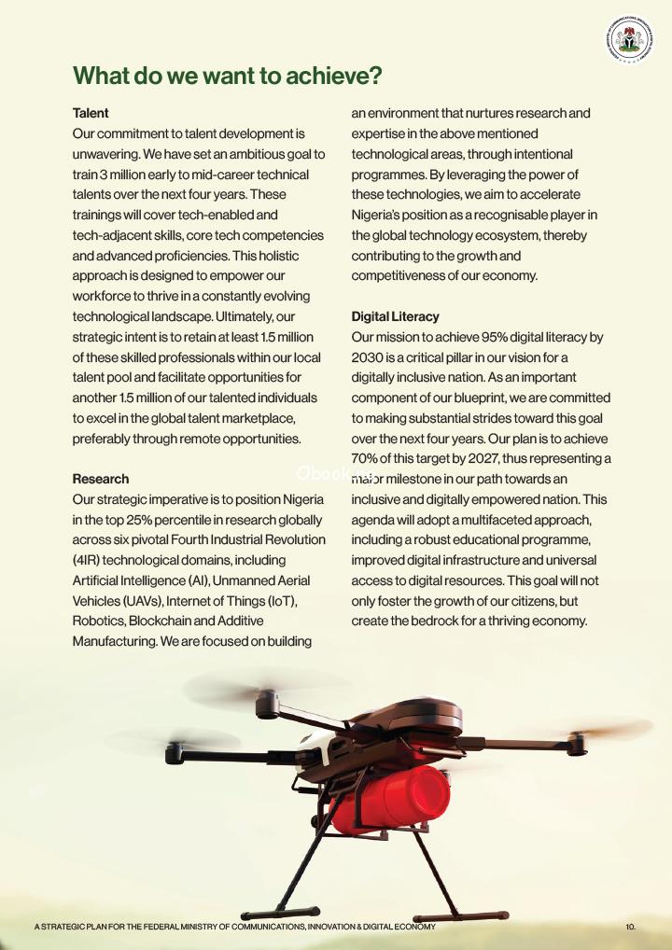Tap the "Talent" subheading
(x=91, y=113)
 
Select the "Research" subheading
(x=101, y=479)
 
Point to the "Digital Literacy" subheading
(x=395, y=316)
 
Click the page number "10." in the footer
(x=630, y=927)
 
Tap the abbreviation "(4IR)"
(x=89, y=560)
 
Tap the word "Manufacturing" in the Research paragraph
(x=117, y=641)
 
